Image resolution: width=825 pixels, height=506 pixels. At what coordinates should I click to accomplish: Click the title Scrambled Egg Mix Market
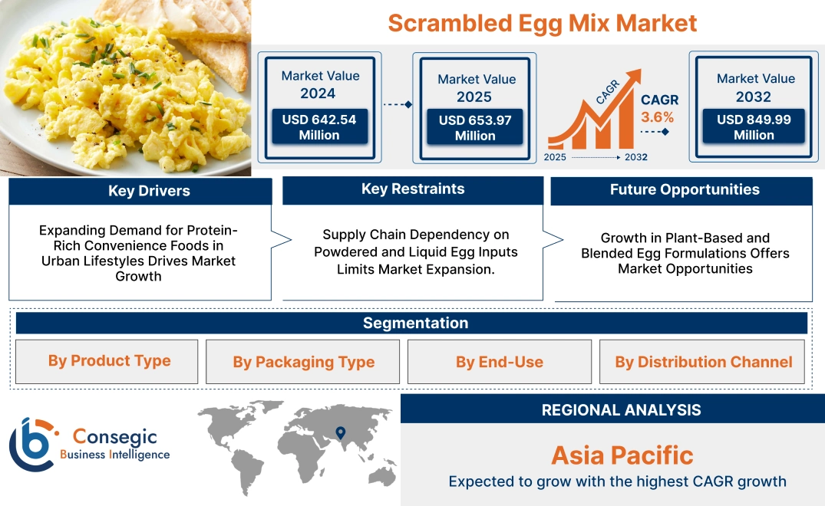pyautogui.click(x=542, y=23)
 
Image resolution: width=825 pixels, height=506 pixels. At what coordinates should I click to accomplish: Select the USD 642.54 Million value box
pyautogui.click(x=318, y=127)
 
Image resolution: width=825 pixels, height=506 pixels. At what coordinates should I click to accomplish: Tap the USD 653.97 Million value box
pyautogui.click(x=475, y=128)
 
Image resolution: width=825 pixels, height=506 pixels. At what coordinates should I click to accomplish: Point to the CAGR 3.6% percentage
pyautogui.click(x=658, y=117)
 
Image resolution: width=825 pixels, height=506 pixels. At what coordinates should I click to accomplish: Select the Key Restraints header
pyautogui.click(x=413, y=189)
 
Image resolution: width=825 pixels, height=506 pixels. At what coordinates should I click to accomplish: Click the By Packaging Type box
pyautogui.click(x=303, y=362)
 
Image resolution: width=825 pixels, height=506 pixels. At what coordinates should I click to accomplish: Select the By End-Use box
pyautogui.click(x=499, y=362)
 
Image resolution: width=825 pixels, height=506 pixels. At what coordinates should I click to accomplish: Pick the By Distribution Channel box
pyautogui.click(x=703, y=362)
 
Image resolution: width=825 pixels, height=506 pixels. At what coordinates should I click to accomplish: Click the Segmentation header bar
pyautogui.click(x=415, y=323)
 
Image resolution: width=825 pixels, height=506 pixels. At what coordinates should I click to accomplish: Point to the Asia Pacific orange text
pyautogui.click(x=622, y=455)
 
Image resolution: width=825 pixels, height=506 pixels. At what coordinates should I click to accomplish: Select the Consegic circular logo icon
pyautogui.click(x=32, y=444)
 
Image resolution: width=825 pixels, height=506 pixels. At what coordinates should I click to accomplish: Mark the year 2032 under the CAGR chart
pyautogui.click(x=635, y=157)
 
